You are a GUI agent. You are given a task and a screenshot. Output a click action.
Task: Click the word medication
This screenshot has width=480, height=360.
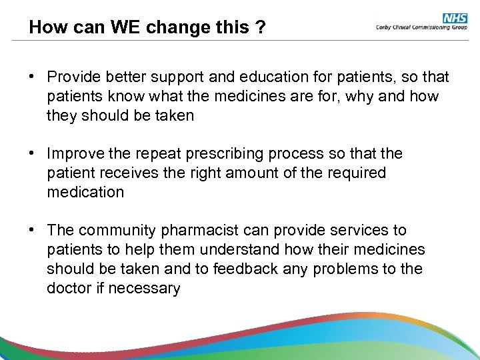[x=85, y=193]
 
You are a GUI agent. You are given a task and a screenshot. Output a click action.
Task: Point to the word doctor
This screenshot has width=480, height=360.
[x=69, y=289]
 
